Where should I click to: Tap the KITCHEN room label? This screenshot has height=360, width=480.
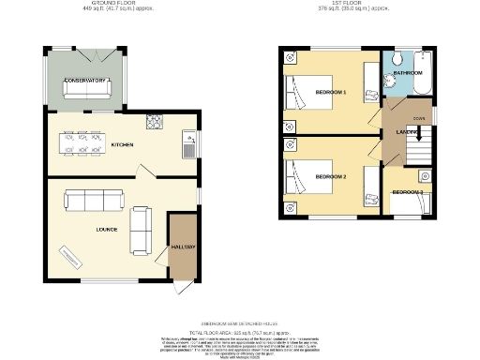(122, 145)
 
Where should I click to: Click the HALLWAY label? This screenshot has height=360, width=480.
(182, 247)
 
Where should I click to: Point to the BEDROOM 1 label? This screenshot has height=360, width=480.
(331, 92)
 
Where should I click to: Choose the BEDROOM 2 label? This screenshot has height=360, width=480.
(331, 176)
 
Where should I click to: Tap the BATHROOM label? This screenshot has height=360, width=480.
(408, 72)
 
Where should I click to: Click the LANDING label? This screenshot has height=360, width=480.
(406, 132)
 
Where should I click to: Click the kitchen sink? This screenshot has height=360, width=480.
(188, 145)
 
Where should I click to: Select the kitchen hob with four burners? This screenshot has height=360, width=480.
(154, 122)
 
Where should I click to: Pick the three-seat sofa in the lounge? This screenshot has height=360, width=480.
(93, 199)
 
